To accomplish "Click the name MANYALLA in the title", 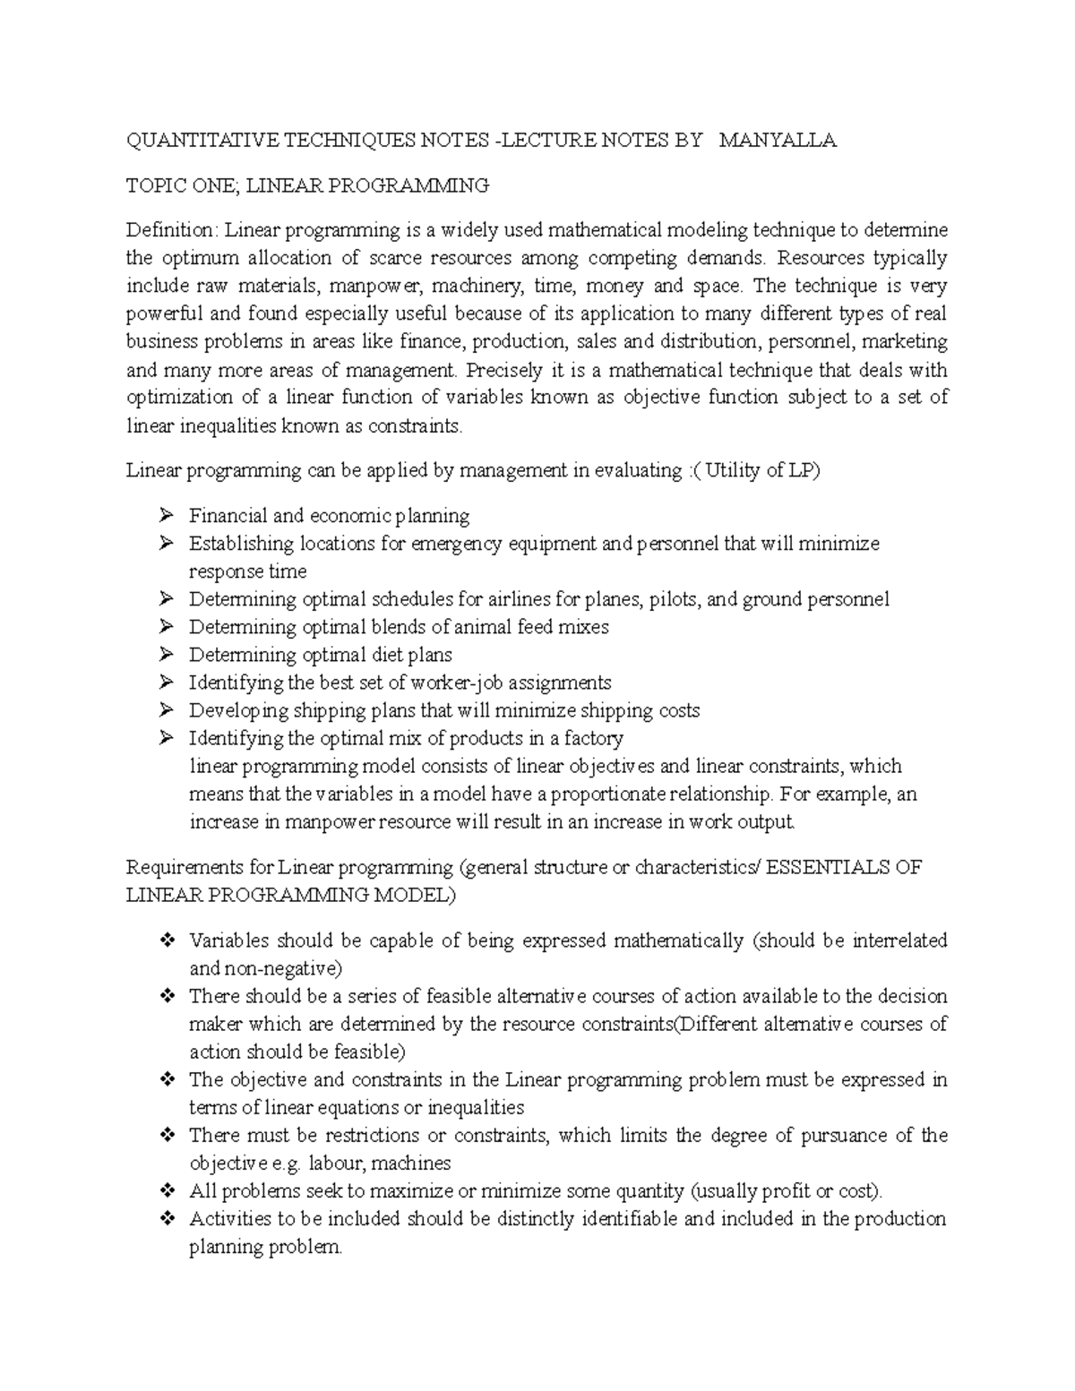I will point(778,141).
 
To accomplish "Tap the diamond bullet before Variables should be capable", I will point(166,940).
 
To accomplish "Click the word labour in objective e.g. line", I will point(333,1163).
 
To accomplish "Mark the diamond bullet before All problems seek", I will point(166,1191).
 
